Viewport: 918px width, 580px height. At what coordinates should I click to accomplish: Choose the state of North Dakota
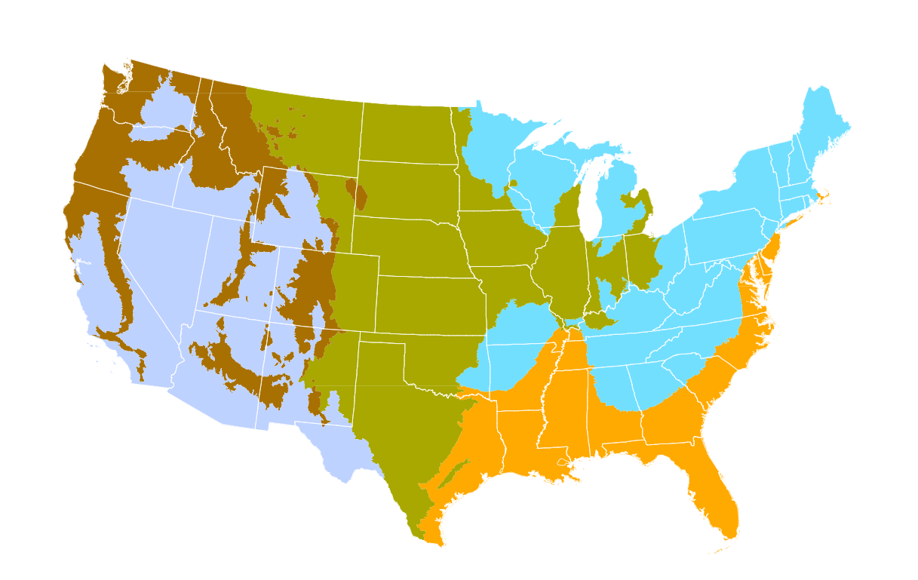coord(407,132)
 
